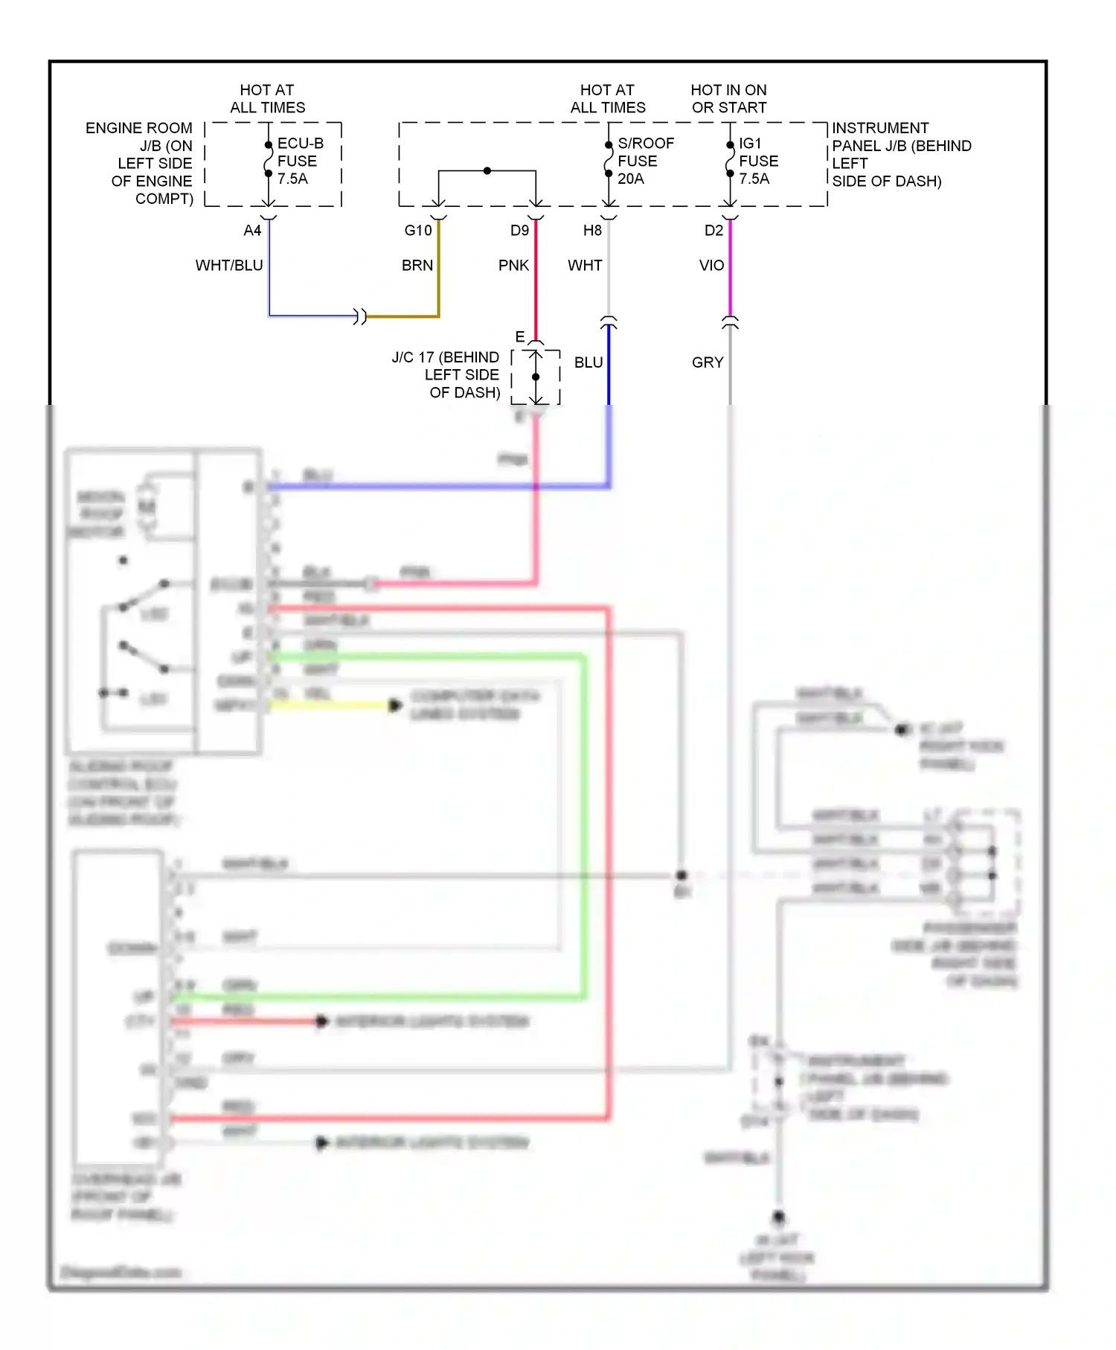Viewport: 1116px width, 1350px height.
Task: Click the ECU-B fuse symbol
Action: pos(269,159)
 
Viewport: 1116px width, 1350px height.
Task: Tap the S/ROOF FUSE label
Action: pos(645,161)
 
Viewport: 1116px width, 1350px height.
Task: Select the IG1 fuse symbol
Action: pos(730,159)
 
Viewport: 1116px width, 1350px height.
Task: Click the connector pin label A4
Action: pos(252,231)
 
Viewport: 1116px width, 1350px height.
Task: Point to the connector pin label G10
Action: pos(417,231)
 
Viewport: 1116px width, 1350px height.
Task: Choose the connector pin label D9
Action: pos(519,231)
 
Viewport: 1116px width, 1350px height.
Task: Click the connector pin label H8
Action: pos(592,231)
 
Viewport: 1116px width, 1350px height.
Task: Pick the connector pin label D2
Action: pos(713,231)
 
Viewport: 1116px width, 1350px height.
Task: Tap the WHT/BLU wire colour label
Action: pos(229,266)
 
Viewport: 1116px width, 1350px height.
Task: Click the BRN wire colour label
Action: pos(417,266)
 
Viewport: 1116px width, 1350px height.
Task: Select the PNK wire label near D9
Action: pos(513,266)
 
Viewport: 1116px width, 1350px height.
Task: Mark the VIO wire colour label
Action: pos(711,266)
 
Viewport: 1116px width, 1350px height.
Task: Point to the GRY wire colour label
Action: pos(708,362)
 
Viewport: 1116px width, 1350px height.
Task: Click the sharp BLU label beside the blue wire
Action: pos(589,362)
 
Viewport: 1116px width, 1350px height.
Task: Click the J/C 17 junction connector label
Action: pos(446,375)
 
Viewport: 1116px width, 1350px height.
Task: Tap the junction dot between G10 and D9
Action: pos(487,171)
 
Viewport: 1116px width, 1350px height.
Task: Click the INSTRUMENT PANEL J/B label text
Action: pos(900,154)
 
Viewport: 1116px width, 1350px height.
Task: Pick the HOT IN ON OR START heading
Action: pos(728,98)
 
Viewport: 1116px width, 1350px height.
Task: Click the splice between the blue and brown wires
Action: pos(360,316)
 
